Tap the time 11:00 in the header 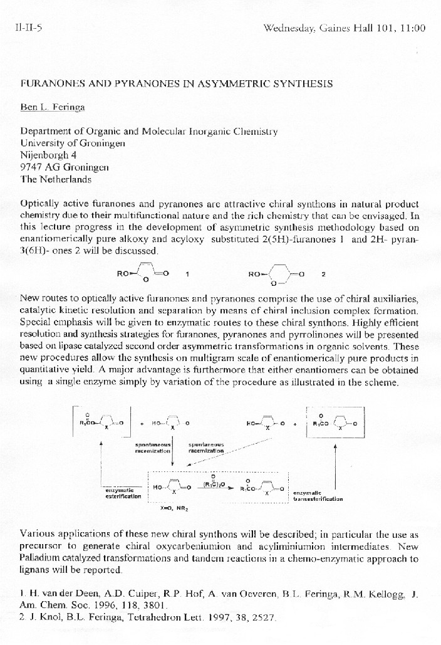(x=411, y=28)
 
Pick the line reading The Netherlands (x=56, y=179)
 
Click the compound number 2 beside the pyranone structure (x=323, y=274)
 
